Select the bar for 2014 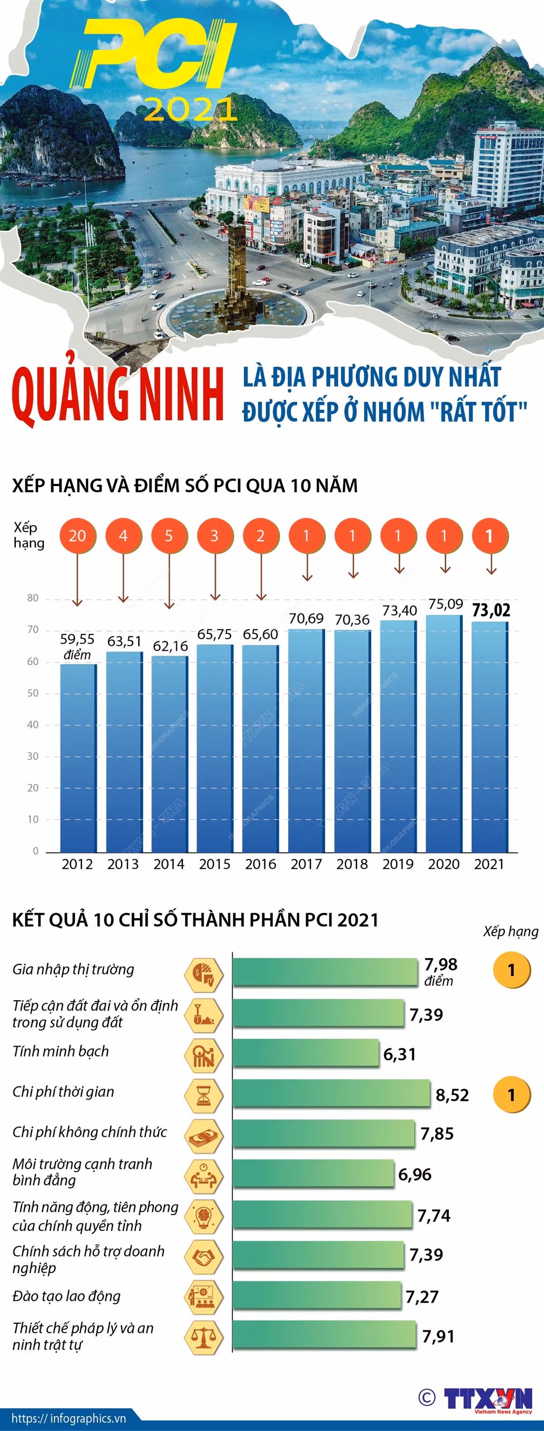pyautogui.click(x=170, y=754)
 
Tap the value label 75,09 pyautogui.click(x=445, y=604)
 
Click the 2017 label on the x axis pyautogui.click(x=306, y=864)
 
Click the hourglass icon pyautogui.click(x=204, y=1095)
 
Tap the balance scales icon pyautogui.click(x=204, y=1338)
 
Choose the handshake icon pyautogui.click(x=204, y=1256)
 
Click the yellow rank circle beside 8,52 pyautogui.click(x=512, y=1095)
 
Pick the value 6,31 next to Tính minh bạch pyautogui.click(x=399, y=1054)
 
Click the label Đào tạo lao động pyautogui.click(x=67, y=1296)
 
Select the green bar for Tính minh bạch pyautogui.click(x=306, y=1053)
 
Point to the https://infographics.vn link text pyautogui.click(x=68, y=1418)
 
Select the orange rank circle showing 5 pyautogui.click(x=169, y=535)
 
